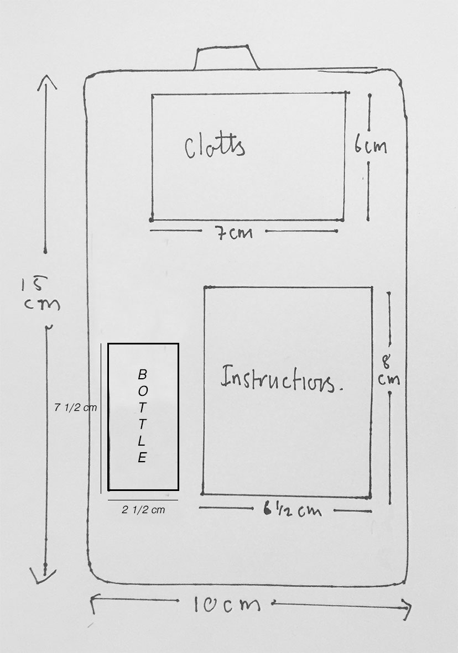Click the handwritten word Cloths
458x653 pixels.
point(215,146)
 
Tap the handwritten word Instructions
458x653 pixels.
point(282,378)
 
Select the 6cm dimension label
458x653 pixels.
point(371,145)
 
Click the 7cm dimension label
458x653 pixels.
point(234,232)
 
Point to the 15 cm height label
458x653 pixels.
point(41,294)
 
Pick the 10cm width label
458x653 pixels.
point(227,604)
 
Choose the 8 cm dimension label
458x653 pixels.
point(389,370)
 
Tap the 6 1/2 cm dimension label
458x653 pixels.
point(292,510)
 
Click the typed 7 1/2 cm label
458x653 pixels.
point(75,408)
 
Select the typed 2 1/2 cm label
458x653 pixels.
point(143,510)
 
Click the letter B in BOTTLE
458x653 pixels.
point(142,374)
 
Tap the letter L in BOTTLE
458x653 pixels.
point(142,441)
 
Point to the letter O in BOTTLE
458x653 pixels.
point(143,391)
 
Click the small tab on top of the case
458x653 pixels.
point(227,58)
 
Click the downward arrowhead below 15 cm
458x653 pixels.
point(43,576)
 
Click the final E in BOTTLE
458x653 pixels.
point(142,458)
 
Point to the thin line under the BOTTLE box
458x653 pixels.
point(143,500)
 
